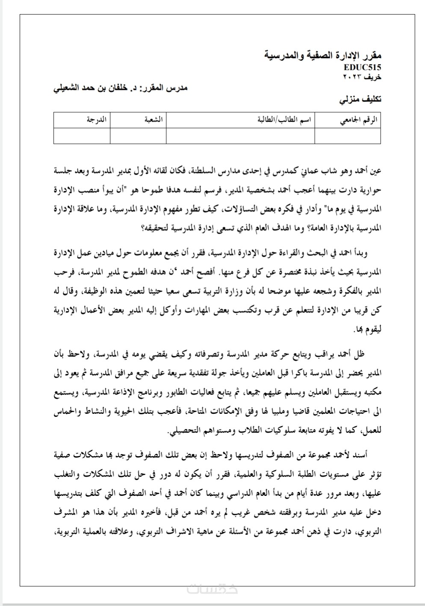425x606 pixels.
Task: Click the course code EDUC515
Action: point(362,67)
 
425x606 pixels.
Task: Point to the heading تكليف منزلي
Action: point(360,99)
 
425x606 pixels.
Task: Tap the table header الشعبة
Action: point(153,120)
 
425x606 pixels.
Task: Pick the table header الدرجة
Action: point(97,120)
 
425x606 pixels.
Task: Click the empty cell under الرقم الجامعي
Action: point(348,136)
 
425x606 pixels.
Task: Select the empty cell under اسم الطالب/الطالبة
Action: point(240,136)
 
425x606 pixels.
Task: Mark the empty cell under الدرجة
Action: point(82,136)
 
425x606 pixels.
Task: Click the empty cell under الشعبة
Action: point(138,136)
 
